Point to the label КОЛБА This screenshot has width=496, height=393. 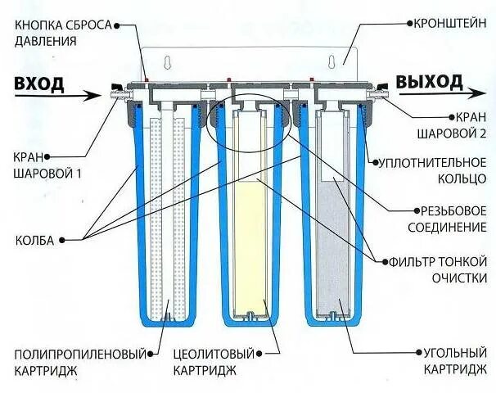click(35, 241)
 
